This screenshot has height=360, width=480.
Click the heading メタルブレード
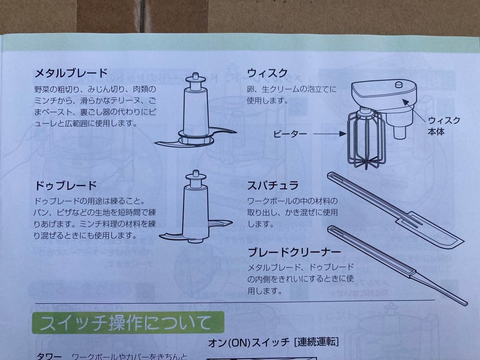point(71,72)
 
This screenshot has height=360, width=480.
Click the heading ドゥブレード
point(65,185)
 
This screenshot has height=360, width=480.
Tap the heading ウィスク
point(268,73)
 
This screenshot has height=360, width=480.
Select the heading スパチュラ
point(273,185)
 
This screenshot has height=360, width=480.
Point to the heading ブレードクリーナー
point(294,252)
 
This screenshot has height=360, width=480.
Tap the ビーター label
point(289,133)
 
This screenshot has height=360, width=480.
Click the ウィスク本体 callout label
point(444,126)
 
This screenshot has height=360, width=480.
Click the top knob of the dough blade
point(196,177)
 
